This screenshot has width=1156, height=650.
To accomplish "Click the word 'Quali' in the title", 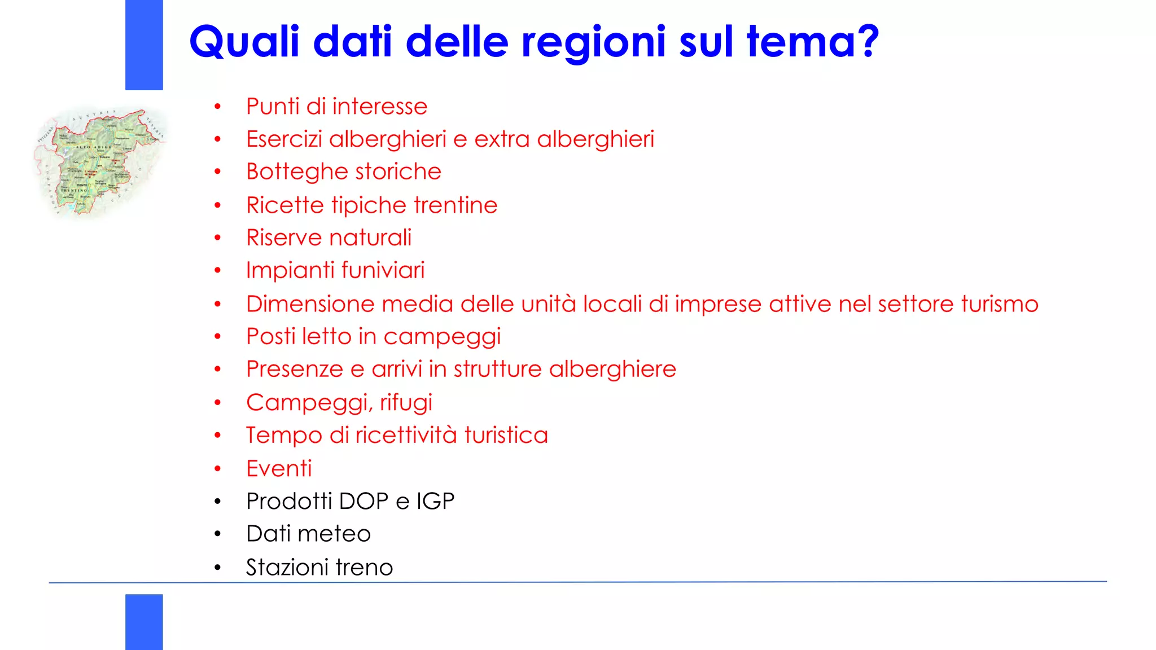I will [x=244, y=42].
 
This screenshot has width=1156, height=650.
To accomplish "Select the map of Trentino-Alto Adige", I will [x=100, y=162].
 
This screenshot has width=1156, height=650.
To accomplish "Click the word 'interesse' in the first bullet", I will [x=380, y=107].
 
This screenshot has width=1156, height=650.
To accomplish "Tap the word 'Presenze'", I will [x=295, y=369].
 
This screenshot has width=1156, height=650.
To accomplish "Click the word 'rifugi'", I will [x=406, y=403].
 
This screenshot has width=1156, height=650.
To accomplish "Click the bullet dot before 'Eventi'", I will [x=218, y=468].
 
